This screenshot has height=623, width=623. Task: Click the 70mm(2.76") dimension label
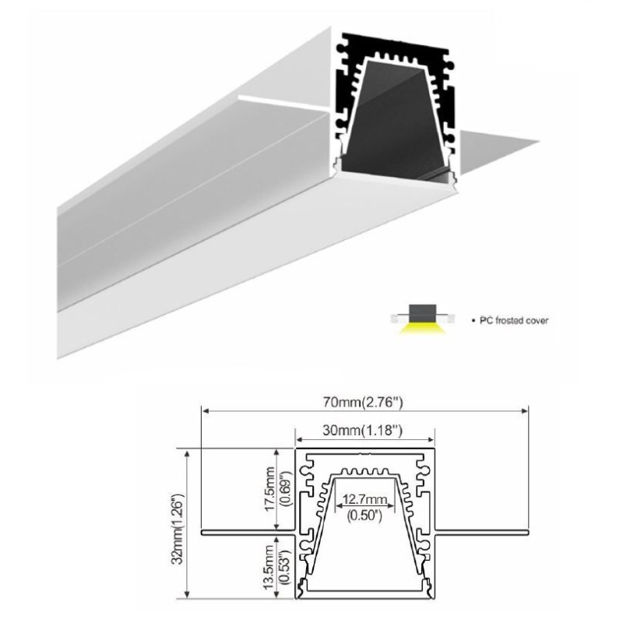tap(364, 402)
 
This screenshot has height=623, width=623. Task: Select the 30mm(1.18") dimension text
tap(364, 429)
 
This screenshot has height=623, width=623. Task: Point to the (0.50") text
tap(364, 513)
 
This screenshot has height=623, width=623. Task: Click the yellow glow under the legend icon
tap(421, 330)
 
